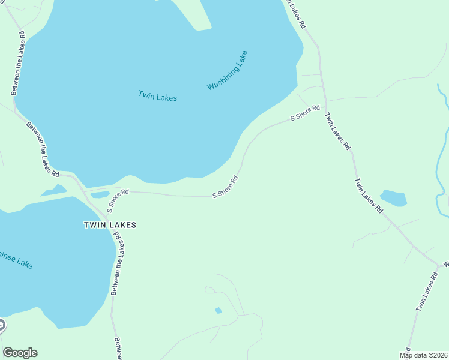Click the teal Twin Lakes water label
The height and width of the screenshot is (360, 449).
coord(157,95)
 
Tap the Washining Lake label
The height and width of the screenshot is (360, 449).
coord(227,70)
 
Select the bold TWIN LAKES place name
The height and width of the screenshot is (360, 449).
coord(110,225)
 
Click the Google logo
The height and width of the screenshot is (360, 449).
coord(20,353)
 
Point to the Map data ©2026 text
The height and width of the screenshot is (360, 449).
coord(424,355)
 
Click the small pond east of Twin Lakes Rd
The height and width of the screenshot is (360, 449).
coord(393,197)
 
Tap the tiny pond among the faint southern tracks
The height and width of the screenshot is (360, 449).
coord(218,310)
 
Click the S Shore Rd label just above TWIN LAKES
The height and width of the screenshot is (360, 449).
coord(118,200)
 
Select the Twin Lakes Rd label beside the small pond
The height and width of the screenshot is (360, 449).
coord(368,196)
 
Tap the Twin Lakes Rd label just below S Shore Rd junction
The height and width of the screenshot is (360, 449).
coord(337,131)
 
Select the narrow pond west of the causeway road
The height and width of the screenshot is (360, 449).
coord(53,191)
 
